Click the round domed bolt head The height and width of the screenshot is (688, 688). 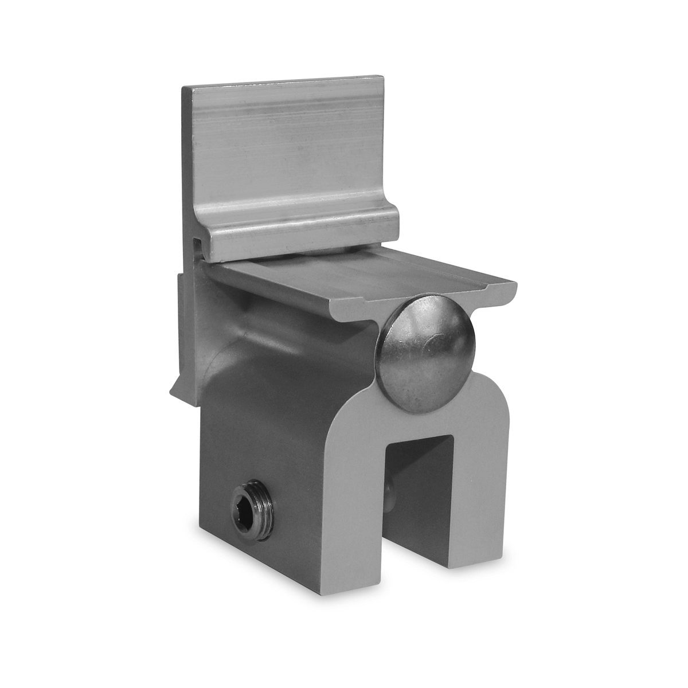click(425, 354)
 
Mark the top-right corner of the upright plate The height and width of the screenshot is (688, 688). click(381, 77)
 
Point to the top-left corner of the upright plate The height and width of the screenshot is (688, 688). click(185, 89)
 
